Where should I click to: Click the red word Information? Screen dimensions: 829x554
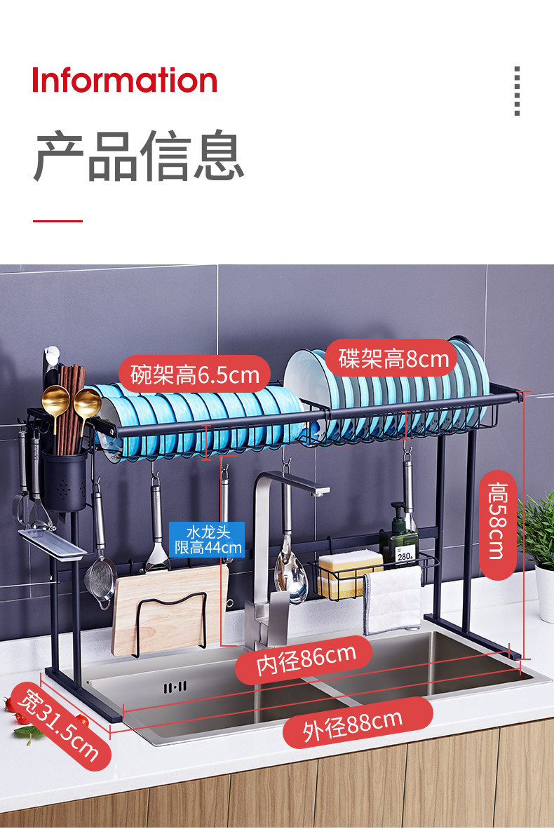(x=125, y=80)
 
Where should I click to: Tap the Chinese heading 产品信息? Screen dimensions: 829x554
(x=138, y=156)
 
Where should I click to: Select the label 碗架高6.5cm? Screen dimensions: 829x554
(x=195, y=375)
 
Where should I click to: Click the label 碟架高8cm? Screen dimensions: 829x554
(x=393, y=359)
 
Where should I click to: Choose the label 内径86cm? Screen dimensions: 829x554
(x=305, y=659)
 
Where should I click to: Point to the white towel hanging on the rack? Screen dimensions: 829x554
(x=393, y=600)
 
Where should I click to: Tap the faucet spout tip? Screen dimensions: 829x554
(x=320, y=491)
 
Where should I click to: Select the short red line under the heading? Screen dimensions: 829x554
(x=58, y=221)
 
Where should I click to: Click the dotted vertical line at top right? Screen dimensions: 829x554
(x=517, y=91)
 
